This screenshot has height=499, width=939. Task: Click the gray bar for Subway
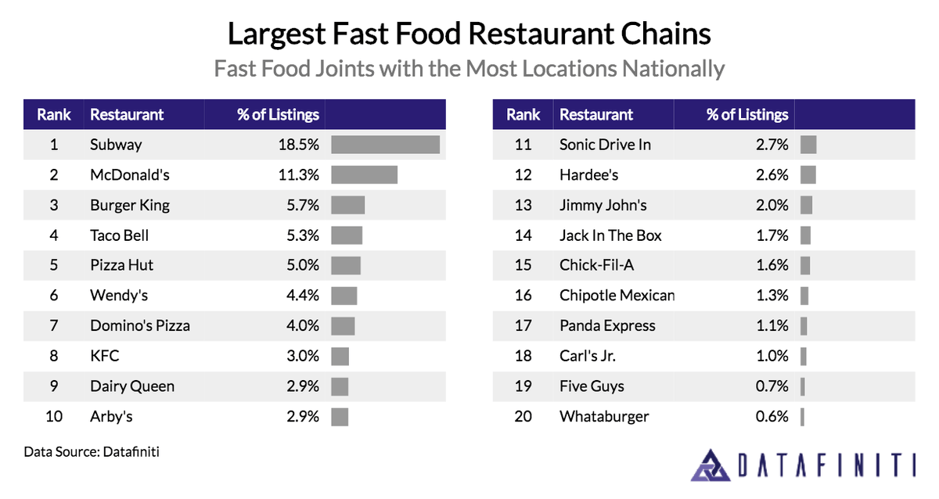point(385,145)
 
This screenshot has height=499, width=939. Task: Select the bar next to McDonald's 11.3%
point(364,175)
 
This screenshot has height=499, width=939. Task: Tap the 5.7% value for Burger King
point(303,206)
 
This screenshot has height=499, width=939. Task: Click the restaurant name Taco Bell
point(119,235)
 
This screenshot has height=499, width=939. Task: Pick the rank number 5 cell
point(53,266)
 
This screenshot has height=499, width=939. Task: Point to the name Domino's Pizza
point(139,326)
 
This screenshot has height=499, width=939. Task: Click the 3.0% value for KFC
point(303,357)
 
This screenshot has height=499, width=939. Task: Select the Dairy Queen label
point(131,386)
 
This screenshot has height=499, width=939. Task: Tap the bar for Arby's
point(340,417)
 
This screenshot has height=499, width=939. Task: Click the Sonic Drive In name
point(605,145)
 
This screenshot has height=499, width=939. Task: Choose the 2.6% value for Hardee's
point(772,175)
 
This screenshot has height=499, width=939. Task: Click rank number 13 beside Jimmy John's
point(523,206)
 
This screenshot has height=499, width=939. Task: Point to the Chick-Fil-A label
point(596,266)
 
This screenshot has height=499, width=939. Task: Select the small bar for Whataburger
point(802,417)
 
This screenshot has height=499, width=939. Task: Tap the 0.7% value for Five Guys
point(772,386)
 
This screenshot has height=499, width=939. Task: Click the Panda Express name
point(607,326)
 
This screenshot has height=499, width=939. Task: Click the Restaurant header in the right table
point(596,114)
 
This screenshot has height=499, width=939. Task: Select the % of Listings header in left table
point(278,114)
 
